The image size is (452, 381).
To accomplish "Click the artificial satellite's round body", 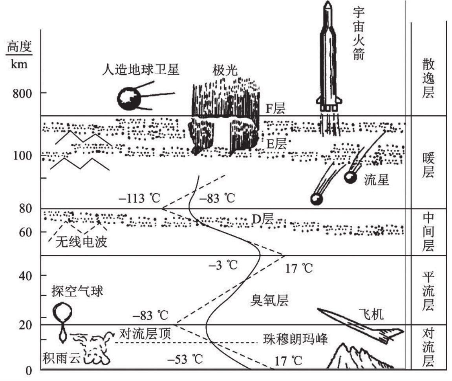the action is [129, 99].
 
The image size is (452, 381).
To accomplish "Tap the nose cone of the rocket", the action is [328, 6].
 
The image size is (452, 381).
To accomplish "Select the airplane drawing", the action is [361, 326].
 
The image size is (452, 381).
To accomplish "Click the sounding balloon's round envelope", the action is [62, 311].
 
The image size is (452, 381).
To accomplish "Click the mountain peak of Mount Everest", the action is [343, 344].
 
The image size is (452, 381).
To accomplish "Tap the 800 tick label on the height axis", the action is [22, 93].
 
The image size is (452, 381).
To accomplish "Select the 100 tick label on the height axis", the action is [22, 156].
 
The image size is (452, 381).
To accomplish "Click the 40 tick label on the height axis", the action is [26, 276].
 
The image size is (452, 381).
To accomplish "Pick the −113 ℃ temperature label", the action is [139, 198].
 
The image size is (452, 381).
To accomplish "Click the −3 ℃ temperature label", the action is [223, 265].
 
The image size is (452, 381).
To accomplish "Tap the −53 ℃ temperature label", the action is [185, 359].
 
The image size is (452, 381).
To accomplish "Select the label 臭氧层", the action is [269, 300].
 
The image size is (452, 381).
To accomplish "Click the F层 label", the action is [275, 108].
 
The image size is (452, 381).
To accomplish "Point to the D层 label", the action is [263, 219].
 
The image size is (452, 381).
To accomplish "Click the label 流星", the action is [377, 180].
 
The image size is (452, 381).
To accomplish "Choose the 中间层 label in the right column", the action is [428, 232].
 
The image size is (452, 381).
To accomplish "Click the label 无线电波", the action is [81, 242].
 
